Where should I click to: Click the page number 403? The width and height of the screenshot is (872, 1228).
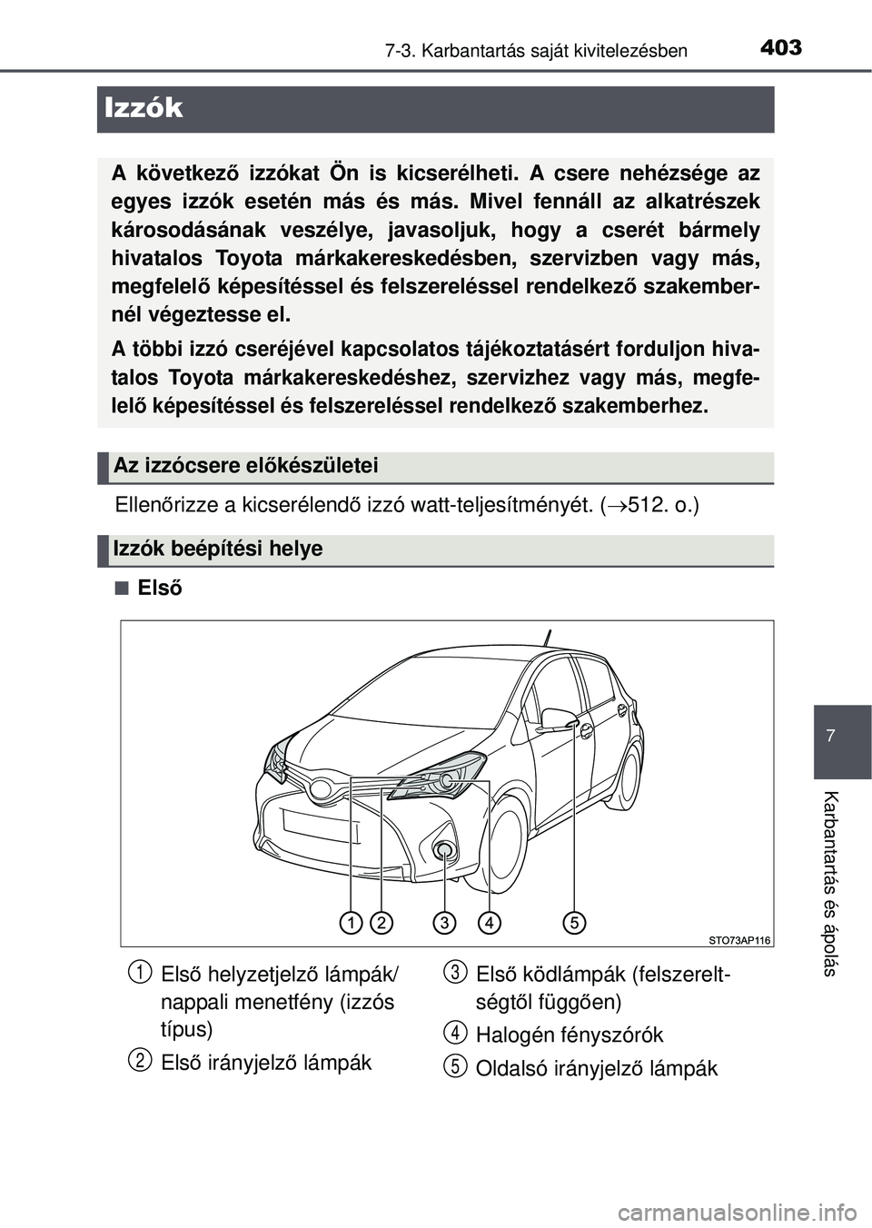780,47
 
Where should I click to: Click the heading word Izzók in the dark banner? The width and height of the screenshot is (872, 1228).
144,108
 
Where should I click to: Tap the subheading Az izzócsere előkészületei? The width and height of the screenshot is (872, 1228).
245,466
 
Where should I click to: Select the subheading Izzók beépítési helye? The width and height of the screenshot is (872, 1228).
218,549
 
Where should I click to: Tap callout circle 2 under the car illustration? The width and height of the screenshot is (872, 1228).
381,923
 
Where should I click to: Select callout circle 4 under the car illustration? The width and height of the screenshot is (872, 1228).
489,923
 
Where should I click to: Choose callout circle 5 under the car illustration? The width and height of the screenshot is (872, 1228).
574,923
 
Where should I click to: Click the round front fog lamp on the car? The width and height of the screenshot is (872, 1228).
444,850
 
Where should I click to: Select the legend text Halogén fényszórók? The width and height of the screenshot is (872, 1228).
569,1035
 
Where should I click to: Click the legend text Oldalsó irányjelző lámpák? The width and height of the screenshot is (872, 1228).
596,1068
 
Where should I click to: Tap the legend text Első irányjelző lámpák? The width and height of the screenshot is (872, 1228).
265,1063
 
